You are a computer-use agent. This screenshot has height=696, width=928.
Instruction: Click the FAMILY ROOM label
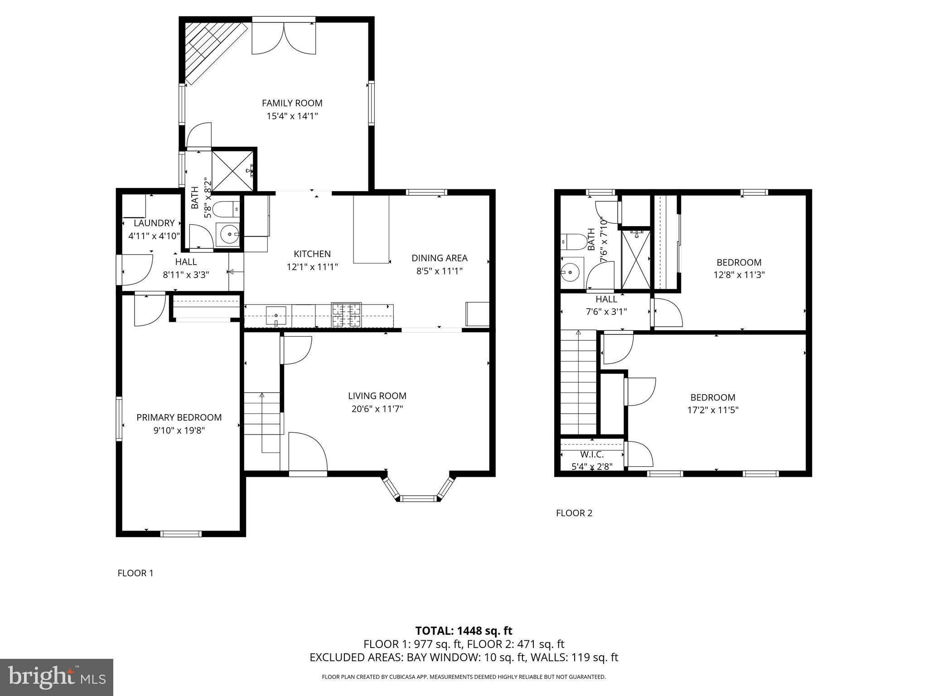click(292, 103)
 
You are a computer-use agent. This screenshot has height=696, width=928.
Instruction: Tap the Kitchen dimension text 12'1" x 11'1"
click(312, 267)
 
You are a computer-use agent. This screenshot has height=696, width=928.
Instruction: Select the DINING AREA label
click(439, 258)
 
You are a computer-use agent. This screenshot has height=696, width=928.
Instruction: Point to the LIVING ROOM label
click(377, 396)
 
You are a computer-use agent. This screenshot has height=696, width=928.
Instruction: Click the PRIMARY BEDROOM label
click(179, 418)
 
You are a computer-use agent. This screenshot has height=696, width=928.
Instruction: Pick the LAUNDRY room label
click(154, 223)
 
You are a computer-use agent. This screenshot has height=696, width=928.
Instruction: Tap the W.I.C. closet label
click(592, 454)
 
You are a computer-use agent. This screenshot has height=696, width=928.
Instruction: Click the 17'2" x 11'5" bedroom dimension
click(713, 410)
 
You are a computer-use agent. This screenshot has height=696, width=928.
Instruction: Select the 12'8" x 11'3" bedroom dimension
click(739, 275)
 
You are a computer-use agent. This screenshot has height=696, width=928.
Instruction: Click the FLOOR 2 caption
click(574, 513)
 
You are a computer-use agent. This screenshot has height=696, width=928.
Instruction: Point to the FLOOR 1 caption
click(135, 573)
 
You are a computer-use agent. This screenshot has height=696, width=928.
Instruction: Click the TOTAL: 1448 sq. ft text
click(464, 631)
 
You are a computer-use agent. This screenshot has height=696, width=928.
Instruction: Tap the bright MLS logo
click(57, 677)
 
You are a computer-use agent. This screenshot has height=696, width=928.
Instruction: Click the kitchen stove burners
click(346, 314)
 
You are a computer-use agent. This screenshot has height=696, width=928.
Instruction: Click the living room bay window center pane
click(419, 498)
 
